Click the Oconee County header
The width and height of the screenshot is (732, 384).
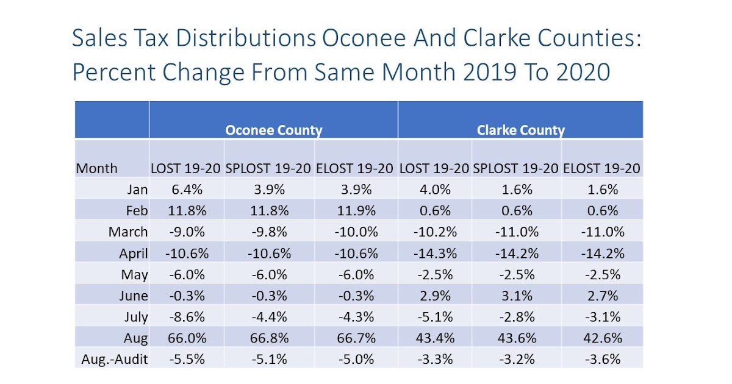point(273,130)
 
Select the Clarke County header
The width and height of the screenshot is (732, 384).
point(520,130)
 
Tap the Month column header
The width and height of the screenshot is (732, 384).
point(96,168)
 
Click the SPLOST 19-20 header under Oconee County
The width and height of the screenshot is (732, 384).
point(269,168)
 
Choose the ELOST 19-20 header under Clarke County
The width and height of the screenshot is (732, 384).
point(601,168)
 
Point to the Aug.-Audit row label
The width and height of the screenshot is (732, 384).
point(115,359)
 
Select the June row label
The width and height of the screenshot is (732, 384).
point(133,296)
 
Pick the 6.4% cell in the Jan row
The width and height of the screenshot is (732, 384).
point(186,190)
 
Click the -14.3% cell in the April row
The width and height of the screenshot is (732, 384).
point(434,253)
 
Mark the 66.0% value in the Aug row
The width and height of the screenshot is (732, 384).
point(186,338)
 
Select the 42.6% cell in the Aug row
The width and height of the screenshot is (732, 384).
point(601,338)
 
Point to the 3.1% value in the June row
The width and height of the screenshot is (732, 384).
point(516,296)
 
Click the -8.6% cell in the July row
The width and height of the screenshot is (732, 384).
point(186,316)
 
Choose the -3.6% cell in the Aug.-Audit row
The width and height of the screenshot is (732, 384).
point(601,359)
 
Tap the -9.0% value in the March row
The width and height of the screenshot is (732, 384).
point(186,232)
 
